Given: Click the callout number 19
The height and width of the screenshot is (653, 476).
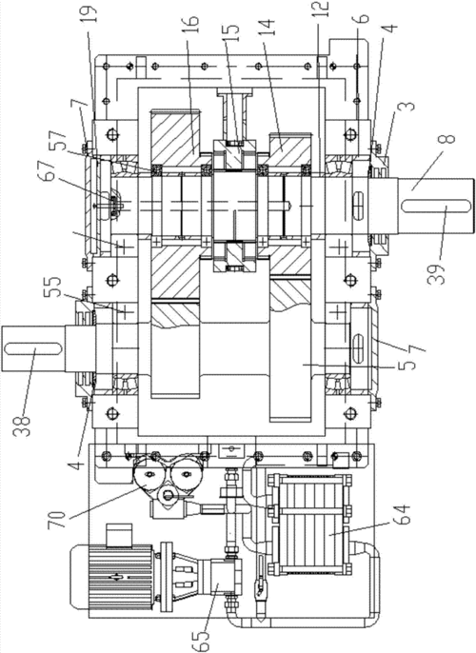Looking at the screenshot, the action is click(90, 13).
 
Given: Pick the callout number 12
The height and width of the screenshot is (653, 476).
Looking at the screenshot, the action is click(323, 10).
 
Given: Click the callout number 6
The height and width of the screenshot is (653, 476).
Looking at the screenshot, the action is click(362, 18).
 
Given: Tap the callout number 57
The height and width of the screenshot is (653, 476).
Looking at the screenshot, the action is click(57, 141).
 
